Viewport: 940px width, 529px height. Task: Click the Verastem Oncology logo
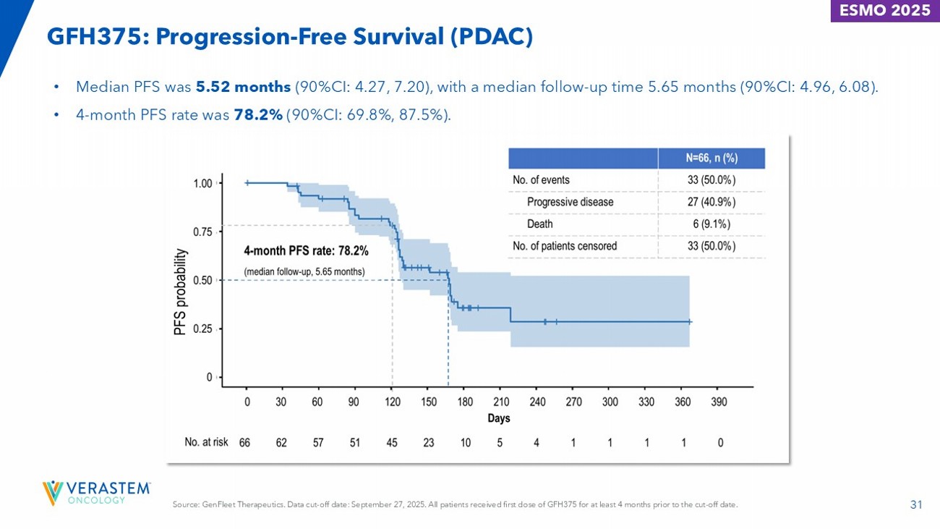[97, 491]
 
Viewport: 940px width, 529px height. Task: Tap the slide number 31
[916, 504]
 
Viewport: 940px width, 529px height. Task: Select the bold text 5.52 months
[243, 88]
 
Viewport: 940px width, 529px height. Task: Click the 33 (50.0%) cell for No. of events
[712, 180]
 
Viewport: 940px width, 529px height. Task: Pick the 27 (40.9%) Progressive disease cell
[712, 202]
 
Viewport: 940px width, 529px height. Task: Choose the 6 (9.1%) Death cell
[712, 224]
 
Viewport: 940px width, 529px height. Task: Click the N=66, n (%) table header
[712, 158]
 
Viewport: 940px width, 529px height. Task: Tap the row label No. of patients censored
[565, 246]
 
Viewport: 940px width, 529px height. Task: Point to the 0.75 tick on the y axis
[202, 232]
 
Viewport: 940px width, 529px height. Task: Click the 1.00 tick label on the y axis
[202, 184]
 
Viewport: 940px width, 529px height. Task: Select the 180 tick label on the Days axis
[465, 402]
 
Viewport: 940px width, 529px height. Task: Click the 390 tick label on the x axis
[719, 402]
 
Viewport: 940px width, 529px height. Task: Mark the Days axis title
[499, 419]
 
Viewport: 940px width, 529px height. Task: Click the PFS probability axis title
[180, 292]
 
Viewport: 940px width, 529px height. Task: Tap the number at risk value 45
[391, 443]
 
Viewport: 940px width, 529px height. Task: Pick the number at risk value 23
[428, 443]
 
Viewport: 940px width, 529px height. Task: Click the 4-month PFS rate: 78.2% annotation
[306, 252]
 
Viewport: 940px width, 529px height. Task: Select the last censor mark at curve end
[690, 322]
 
